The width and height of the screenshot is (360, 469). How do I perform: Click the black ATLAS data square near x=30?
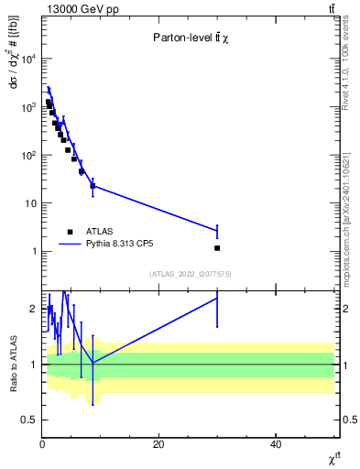pyautogui.click(x=217, y=247)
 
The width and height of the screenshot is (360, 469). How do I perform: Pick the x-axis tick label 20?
pyautogui.click(x=158, y=444)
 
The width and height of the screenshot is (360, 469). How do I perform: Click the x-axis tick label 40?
pyautogui.click(x=276, y=444)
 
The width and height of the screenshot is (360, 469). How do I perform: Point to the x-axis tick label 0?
pyautogui.click(x=42, y=444)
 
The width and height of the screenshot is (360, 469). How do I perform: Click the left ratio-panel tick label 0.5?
pyautogui.click(x=30, y=420)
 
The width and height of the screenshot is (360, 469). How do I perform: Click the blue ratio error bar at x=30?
pyautogui.click(x=217, y=311)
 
